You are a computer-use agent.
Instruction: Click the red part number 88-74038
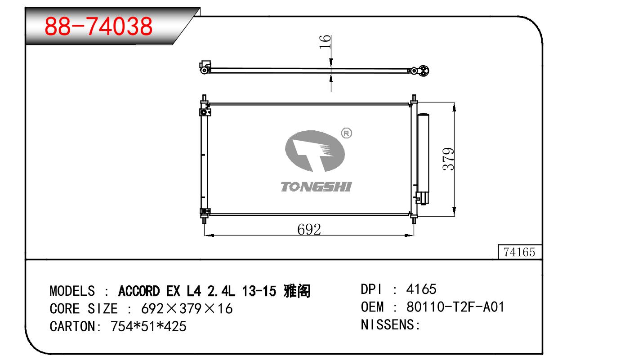(98, 26)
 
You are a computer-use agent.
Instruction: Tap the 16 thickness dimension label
(325, 42)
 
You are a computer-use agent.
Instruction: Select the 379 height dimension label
(448, 159)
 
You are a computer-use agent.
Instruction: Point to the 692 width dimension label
(309, 229)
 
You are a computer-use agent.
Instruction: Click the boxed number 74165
(519, 252)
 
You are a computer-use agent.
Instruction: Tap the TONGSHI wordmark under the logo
(316, 187)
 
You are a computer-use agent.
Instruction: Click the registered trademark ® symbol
(347, 133)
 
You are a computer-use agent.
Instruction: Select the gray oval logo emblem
(315, 151)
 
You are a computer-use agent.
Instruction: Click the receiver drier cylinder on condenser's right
(423, 159)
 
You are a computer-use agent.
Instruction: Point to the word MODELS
(72, 291)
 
